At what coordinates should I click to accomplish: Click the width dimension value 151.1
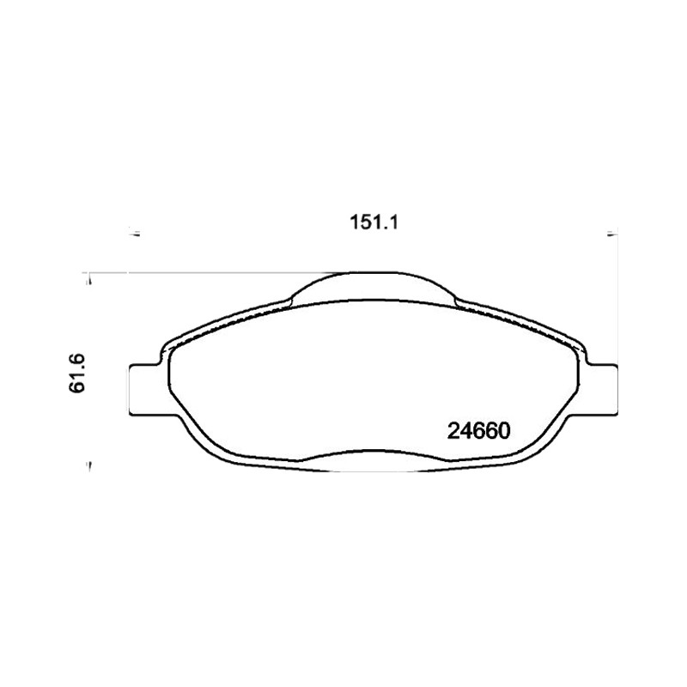coord(374,222)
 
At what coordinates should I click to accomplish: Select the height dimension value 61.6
coord(76,374)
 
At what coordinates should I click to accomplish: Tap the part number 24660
coord(479,431)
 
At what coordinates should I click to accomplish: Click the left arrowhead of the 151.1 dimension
coord(135,232)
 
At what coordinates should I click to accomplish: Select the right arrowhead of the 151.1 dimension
coord(611,232)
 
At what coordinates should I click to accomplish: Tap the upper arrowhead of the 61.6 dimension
coord(90,279)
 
